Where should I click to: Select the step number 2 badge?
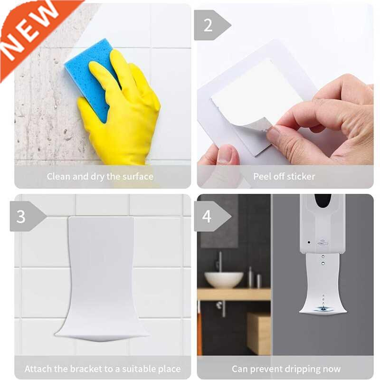tap(209, 25)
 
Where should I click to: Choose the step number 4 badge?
tap(207, 216)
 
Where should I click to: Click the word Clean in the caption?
tap(58, 177)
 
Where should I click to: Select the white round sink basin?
tap(224, 279)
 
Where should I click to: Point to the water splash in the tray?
tap(323, 309)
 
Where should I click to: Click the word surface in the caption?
tap(135, 177)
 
